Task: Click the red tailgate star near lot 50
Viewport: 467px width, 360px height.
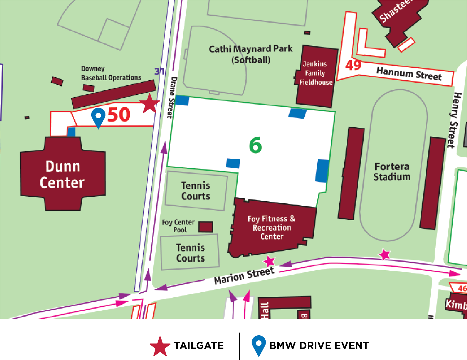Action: click(149, 104)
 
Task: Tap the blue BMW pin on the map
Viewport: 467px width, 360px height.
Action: click(98, 116)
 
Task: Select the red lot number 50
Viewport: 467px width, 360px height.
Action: click(119, 115)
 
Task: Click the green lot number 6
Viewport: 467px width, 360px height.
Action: click(255, 145)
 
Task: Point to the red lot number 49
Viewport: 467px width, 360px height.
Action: click(353, 65)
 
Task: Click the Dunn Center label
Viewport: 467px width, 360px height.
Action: click(62, 175)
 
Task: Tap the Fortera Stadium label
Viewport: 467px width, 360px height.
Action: click(392, 172)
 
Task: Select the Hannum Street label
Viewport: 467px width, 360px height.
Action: click(409, 73)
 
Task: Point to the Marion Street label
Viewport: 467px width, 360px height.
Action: click(244, 276)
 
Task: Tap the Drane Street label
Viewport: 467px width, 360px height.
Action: click(172, 97)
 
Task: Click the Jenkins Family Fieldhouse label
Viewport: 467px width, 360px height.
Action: click(315, 73)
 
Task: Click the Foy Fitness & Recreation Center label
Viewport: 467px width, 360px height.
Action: click(272, 227)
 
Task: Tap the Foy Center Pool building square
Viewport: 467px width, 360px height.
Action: click(206, 227)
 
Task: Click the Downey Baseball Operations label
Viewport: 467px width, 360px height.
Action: click(111, 73)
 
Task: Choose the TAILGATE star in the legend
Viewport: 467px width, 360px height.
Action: click(160, 346)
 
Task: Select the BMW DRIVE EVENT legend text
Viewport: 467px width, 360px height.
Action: click(319, 345)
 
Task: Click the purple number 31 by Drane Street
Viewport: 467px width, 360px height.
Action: click(159, 71)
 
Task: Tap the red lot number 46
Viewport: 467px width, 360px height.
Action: click(462, 288)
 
